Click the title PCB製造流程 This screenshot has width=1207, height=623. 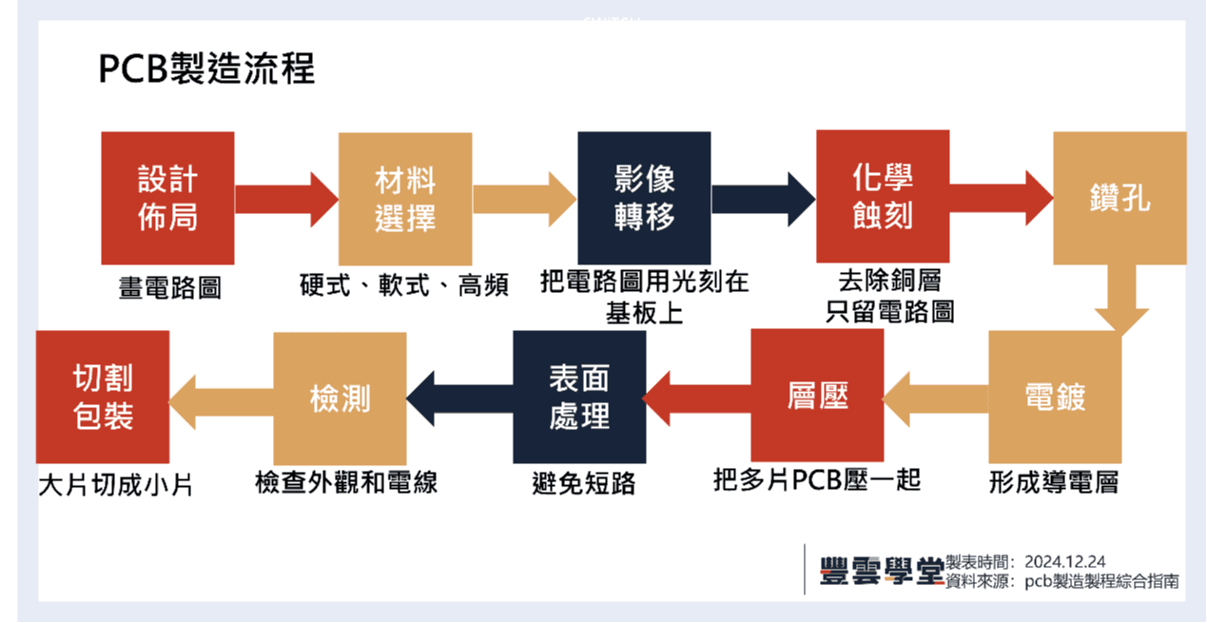206,69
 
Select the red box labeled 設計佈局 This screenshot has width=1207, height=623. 167,198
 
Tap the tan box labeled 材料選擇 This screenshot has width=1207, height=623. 405,198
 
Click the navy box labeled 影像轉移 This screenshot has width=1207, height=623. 644,198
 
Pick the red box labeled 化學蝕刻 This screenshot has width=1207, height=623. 883,196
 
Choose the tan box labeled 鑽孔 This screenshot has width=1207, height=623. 1119,198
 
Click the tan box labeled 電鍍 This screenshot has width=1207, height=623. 1055,397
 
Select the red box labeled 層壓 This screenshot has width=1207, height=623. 817,395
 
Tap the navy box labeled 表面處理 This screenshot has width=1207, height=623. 579,397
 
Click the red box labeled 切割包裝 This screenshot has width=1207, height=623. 103,397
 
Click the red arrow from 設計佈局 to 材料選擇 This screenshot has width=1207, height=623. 285,199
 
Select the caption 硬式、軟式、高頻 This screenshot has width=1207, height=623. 404,284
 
